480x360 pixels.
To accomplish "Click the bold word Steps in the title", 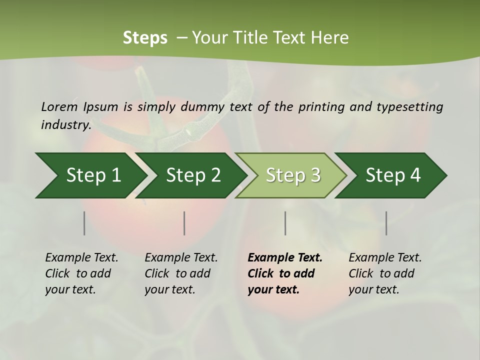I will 145,38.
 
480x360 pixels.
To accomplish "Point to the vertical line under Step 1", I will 84,223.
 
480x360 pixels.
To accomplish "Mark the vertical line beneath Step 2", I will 184,223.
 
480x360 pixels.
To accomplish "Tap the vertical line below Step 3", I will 285,223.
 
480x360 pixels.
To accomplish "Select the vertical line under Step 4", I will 386,223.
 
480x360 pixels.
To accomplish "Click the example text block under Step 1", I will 81,273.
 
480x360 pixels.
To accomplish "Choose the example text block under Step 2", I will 181,273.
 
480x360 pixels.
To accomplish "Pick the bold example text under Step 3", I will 285,273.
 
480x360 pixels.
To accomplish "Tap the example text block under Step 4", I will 385,273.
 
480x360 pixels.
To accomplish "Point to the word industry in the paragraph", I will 65,125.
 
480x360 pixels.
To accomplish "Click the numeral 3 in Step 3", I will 314,175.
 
